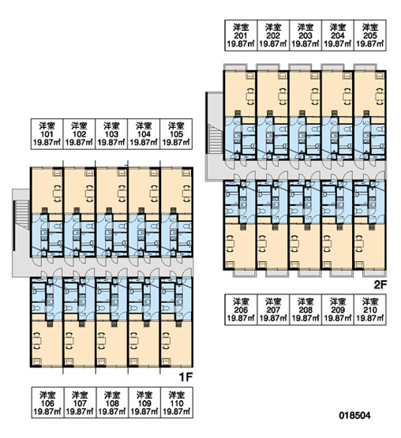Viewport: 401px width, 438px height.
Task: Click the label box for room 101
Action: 47,134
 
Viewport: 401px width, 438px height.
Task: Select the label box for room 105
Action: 176,134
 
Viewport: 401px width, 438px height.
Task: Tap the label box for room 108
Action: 112,402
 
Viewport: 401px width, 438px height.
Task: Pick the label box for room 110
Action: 177,402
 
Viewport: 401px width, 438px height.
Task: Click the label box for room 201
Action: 241,36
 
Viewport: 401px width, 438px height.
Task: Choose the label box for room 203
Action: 305,36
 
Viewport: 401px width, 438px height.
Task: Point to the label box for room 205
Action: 370,36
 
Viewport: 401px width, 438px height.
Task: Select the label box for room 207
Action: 273,309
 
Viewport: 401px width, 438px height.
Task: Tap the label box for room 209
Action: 338,309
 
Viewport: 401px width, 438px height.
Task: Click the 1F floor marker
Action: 186,377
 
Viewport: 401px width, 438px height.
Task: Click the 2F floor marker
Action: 380,285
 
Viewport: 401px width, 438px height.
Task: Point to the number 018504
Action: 354,415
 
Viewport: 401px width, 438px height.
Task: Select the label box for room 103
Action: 111,134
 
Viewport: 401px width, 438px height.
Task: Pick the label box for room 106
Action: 47,402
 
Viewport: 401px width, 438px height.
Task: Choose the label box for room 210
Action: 370,309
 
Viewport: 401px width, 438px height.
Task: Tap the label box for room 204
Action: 338,36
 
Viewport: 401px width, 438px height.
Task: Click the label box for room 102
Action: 80,134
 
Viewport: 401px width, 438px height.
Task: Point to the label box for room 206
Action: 241,309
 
